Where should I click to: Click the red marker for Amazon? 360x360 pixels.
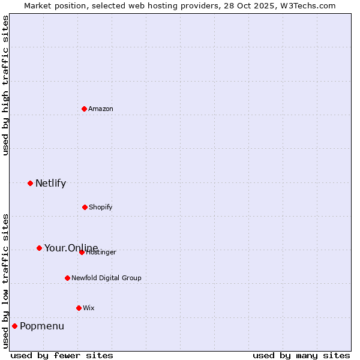coord(84,109)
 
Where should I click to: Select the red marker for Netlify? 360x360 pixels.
coord(30,183)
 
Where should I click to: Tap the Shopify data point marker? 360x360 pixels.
coord(85,207)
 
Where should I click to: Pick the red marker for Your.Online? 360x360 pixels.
coord(39,248)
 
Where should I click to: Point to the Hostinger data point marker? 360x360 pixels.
coord(82,252)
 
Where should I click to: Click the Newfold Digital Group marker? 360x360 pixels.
coord(67,278)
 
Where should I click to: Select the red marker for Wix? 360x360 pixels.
coord(79,308)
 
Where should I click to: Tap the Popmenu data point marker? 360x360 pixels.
coord(14,326)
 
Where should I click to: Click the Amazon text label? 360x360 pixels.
coord(101,109)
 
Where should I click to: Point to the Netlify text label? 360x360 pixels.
coord(50,183)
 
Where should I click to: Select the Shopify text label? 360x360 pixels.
coord(101,207)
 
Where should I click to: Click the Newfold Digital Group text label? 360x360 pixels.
coord(106,278)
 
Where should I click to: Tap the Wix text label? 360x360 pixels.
coord(89,308)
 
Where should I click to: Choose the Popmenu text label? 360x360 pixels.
coord(42,326)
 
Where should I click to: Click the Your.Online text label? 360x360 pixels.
coord(71,248)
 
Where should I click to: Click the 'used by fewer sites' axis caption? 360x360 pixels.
coord(62,355)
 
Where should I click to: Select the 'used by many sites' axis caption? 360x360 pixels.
coord(301,355)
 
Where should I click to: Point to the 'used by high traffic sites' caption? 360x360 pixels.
coord(5,86)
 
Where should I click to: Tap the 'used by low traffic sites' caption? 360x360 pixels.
coord(5,280)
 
